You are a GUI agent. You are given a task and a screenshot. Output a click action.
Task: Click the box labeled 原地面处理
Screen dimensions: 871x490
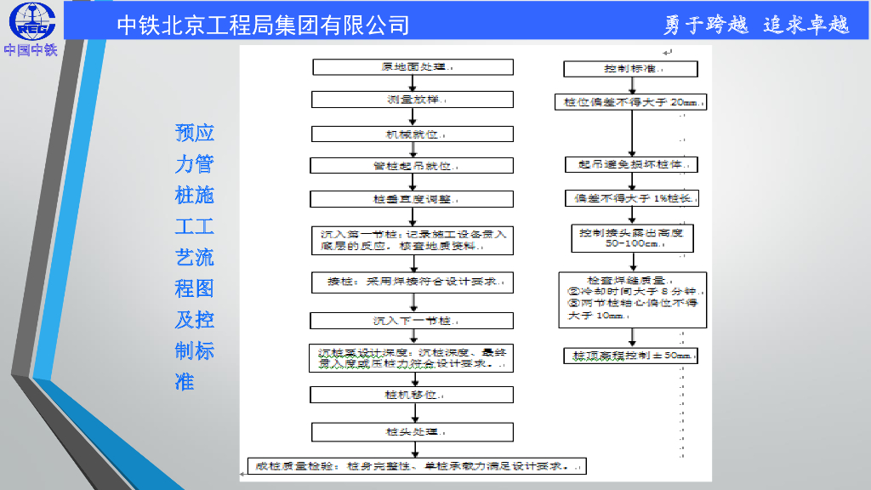(413, 67)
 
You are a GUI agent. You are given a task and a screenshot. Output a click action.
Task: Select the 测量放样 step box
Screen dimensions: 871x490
(413, 100)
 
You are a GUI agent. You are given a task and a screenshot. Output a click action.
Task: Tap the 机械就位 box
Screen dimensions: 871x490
(413, 134)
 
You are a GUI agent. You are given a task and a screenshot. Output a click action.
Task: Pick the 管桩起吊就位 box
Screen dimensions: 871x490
(413, 166)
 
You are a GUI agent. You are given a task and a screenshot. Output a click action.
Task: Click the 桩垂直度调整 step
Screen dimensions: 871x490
(413, 199)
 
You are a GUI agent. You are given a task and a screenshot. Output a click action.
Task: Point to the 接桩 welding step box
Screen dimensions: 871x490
(413, 281)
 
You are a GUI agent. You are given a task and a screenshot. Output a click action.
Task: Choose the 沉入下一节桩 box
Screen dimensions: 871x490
(413, 321)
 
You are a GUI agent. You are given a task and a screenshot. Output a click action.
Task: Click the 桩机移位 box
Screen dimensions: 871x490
(413, 395)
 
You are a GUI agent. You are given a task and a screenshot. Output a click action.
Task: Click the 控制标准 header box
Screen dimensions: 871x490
(631, 69)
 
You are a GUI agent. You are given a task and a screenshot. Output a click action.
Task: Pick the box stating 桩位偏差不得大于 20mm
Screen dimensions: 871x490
(631, 102)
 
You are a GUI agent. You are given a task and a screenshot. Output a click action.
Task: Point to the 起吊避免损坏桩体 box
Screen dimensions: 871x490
(631, 164)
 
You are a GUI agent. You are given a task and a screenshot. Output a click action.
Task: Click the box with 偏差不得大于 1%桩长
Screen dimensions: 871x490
(631, 198)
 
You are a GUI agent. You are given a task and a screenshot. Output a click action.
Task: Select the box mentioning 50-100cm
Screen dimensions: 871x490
(631, 238)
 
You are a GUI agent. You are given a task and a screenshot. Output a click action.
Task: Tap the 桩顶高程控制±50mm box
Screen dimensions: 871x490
(631, 355)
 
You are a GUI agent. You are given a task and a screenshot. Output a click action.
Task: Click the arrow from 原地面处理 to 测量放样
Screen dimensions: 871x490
(413, 83)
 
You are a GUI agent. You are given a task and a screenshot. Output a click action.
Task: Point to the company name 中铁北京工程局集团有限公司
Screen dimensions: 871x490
(263, 25)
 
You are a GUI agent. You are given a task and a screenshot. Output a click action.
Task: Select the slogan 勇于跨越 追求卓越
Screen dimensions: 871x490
(756, 25)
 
